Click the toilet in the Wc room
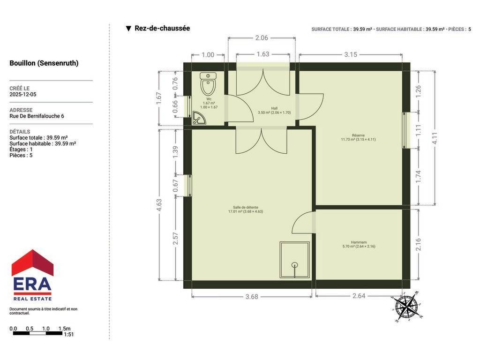pyautogui.click(x=208, y=83)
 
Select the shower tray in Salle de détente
pyautogui.click(x=294, y=260)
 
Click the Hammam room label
pyautogui.click(x=359, y=244)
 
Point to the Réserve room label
pyautogui.click(x=358, y=137)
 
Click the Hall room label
pyautogui.click(x=274, y=111)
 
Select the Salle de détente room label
pyautogui.click(x=246, y=210)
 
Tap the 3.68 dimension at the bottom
pyautogui.click(x=252, y=297)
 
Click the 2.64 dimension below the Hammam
pyautogui.click(x=359, y=296)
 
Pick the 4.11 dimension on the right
pyautogui.click(x=435, y=138)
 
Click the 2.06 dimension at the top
pyautogui.click(x=262, y=38)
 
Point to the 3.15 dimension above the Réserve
pyautogui.click(x=351, y=54)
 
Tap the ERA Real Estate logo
pyautogui.click(x=32, y=275)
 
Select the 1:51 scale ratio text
pyautogui.click(x=69, y=335)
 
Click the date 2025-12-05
pyautogui.click(x=23, y=94)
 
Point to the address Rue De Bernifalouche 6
pyautogui.click(x=37, y=116)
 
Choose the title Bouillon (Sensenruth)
pyautogui.click(x=44, y=63)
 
